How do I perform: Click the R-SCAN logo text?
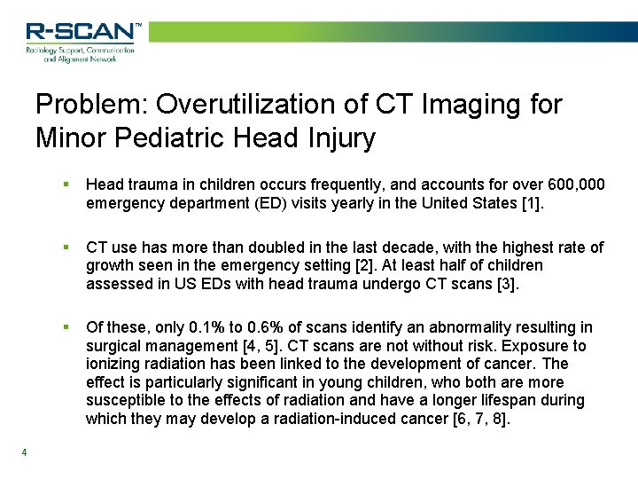pos(82,32)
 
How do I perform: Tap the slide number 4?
pos(25,453)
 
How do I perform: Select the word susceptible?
pos(124,400)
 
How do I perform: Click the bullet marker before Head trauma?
pos(66,185)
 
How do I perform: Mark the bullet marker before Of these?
pos(66,327)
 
